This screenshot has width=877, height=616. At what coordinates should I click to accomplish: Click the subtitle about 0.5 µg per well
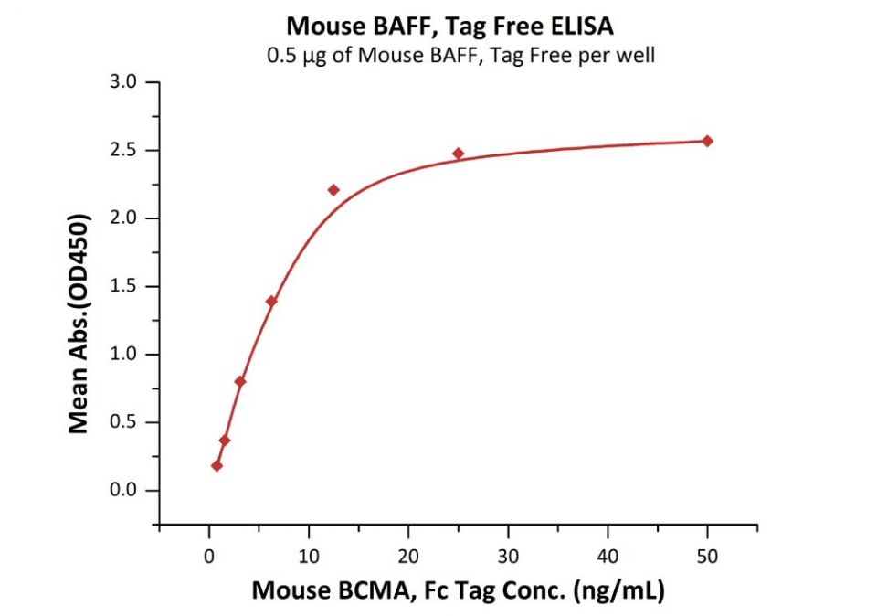[x=460, y=56]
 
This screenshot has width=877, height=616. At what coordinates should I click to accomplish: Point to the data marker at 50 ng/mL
[x=707, y=141]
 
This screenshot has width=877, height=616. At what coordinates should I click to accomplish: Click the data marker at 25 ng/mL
[x=459, y=154]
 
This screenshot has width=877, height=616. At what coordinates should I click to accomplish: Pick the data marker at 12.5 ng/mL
[x=333, y=190]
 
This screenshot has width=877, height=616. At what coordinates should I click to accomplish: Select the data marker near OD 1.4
[x=271, y=301]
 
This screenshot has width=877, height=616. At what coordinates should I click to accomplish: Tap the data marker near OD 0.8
[x=239, y=381]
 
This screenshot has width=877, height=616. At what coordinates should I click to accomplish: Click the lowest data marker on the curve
[x=217, y=465]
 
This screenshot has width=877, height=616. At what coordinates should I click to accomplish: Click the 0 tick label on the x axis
[x=209, y=554]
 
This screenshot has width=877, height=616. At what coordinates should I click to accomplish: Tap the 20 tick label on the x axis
[x=408, y=554]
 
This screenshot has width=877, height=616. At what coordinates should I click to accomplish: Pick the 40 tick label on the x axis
[x=608, y=554]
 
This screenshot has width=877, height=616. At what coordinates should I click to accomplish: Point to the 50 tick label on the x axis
[x=707, y=554]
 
